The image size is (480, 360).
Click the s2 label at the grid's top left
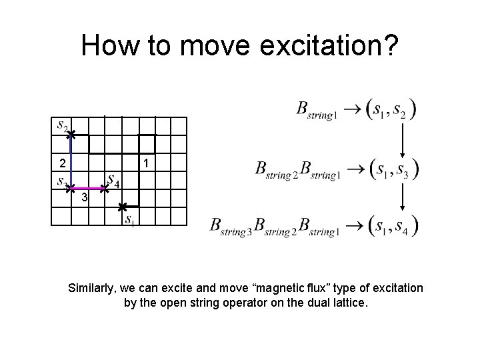(x=61, y=126)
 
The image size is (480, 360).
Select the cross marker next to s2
(x=71, y=135)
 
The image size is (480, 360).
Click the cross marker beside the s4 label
(x=105, y=189)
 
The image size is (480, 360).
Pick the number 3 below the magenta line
(x=85, y=199)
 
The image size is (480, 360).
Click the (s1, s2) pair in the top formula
(x=391, y=110)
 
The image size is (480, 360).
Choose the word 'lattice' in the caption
(x=346, y=303)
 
